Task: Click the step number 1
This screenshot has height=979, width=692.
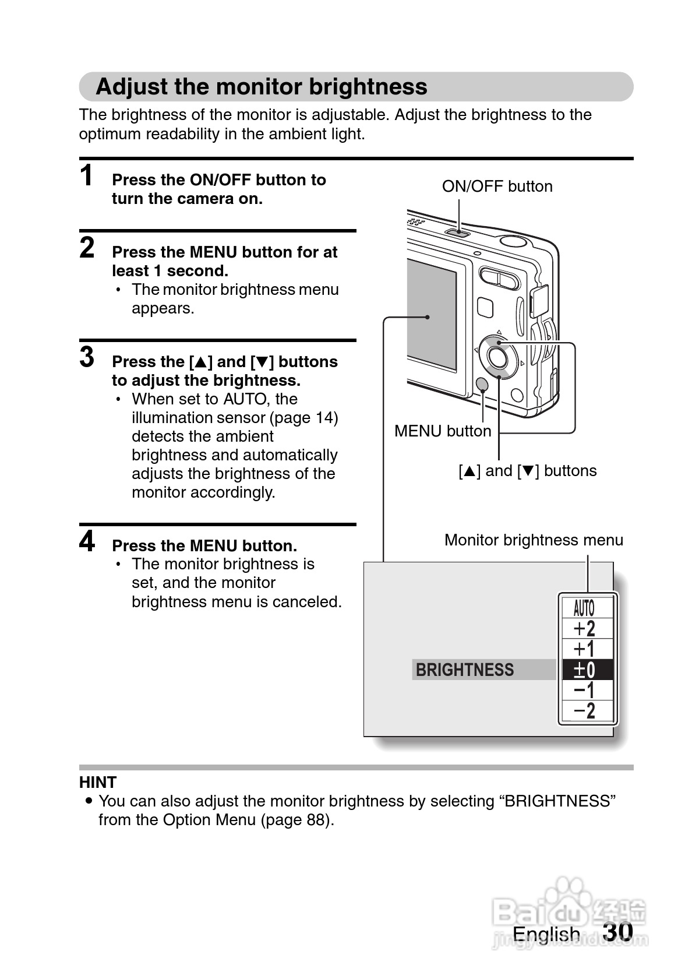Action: coord(87,175)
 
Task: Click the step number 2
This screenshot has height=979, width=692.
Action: coord(87,248)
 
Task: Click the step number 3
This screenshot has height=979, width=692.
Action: coord(87,357)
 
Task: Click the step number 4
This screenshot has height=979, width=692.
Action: coord(87,541)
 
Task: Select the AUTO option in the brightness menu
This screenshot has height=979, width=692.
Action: coord(584,608)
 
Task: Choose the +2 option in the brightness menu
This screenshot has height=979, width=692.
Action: coord(584,629)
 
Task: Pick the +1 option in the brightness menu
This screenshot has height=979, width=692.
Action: coord(584,649)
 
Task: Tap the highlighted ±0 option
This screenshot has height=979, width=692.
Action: coord(584,670)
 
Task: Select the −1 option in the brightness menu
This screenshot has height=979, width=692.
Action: coord(584,690)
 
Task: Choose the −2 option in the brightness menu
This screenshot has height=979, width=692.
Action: coord(584,711)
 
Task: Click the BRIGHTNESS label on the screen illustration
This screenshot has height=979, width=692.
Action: coord(465,670)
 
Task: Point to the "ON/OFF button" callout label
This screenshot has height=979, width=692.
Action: coord(497,186)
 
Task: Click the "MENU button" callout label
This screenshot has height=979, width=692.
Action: coord(443,431)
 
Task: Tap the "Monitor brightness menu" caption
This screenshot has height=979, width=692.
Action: coord(534,540)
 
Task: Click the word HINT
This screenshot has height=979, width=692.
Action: coord(98,782)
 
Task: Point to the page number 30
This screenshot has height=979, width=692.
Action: coord(617,931)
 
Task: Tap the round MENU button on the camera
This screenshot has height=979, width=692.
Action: coord(482,384)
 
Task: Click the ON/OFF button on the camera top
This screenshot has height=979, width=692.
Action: coord(458,233)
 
